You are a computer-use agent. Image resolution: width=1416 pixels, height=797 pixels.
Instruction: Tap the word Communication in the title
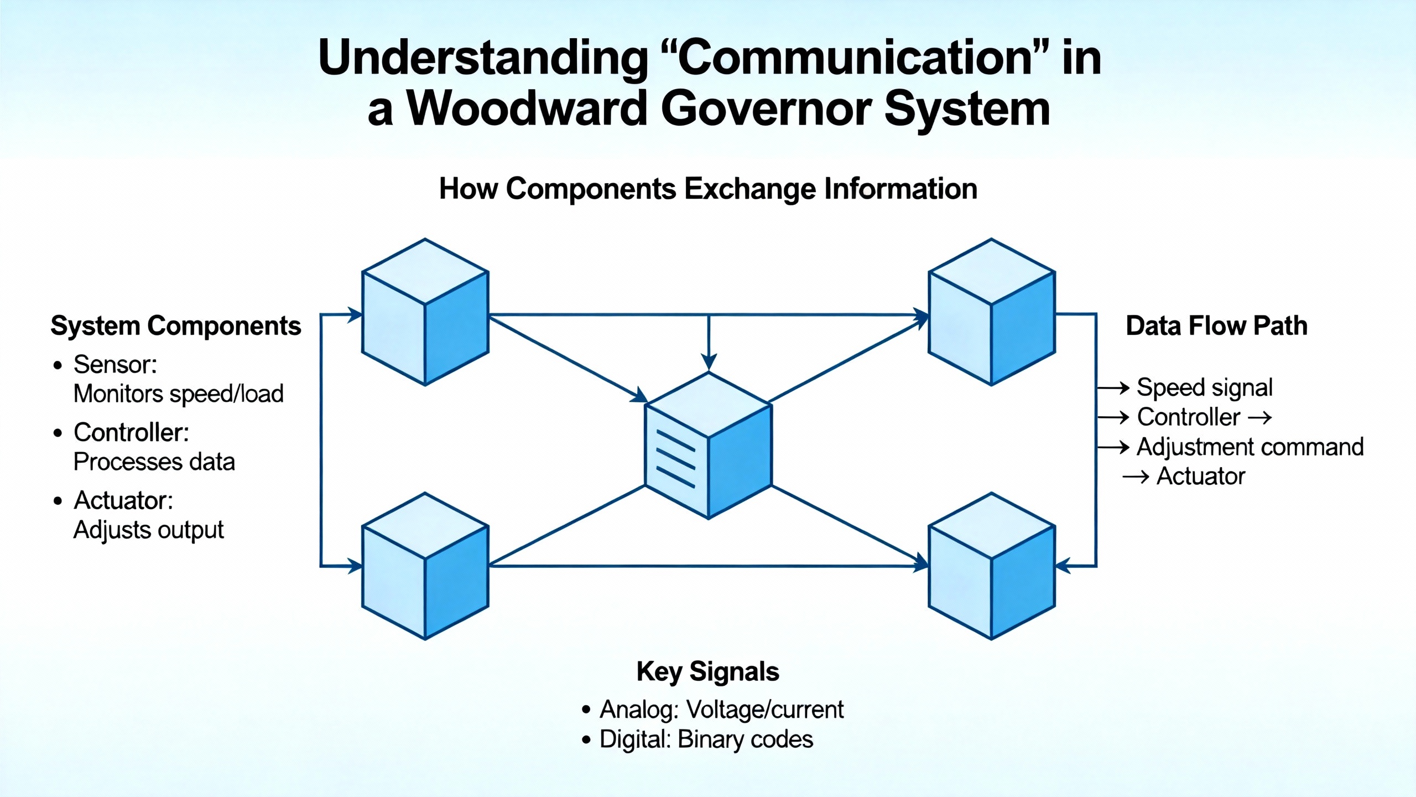854,58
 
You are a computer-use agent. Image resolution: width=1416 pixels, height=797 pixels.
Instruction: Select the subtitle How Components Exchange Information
707,189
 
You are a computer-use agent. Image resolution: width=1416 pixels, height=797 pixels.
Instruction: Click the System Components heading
175,325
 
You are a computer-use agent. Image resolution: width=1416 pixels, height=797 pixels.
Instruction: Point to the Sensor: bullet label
115,365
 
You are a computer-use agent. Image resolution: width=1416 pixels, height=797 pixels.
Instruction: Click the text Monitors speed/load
178,394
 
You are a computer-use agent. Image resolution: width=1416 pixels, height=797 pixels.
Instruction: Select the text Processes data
154,462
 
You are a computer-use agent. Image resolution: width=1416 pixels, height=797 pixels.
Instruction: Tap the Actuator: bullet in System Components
123,500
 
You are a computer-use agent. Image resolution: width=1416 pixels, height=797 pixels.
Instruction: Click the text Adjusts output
148,530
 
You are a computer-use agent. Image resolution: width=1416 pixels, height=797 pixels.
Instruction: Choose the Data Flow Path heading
1216,325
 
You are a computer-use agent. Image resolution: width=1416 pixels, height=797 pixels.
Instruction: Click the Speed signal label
1204,387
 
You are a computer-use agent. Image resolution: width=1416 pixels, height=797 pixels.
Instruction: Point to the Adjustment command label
1250,447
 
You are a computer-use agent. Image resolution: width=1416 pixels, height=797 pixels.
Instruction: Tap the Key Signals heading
707,671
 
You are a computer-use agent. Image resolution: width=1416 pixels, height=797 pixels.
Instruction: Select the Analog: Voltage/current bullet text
721,710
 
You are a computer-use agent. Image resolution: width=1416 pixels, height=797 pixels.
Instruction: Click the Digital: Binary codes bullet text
706,739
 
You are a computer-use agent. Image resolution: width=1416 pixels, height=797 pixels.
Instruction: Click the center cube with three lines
708,446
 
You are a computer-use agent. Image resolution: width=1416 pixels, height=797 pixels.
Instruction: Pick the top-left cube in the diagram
425,313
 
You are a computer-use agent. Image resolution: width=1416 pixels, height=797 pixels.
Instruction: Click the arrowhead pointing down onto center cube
709,363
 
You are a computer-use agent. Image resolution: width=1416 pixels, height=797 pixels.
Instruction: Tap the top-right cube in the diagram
991,313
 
